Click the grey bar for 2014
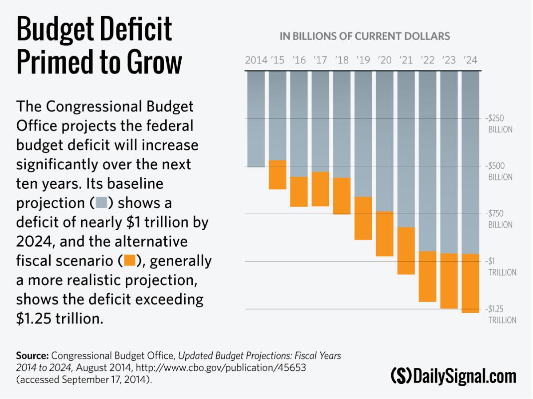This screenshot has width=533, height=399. [x=256, y=119]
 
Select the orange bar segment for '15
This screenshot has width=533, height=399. [x=278, y=175]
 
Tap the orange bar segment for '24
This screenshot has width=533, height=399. [x=470, y=283]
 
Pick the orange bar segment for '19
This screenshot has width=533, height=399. [x=363, y=218]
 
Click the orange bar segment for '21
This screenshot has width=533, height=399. [x=406, y=251]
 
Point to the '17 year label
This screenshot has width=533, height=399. [x=320, y=60]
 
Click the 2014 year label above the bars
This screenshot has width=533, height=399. [x=256, y=60]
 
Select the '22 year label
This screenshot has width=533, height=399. [x=428, y=60]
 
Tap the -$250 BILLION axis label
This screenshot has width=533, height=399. [x=500, y=124]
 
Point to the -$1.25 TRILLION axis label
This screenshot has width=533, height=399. [x=501, y=314]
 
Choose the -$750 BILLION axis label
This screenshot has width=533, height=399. [x=500, y=219]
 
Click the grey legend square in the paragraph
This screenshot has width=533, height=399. [x=102, y=203]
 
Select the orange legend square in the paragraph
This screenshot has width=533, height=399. [x=130, y=260]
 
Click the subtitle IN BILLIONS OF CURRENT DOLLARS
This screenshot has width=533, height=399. [x=365, y=36]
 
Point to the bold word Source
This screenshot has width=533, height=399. [x=32, y=356]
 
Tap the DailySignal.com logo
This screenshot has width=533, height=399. [x=453, y=376]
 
